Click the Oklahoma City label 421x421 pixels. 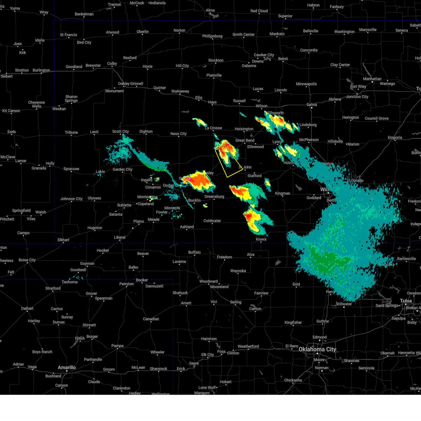pos(317,349)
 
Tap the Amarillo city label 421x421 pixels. pos(67,367)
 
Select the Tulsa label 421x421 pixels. pos(406,301)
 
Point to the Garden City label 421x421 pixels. pos(122,169)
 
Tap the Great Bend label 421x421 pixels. pos(245,140)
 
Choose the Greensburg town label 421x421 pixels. pos(214,196)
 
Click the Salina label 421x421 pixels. pos(312,105)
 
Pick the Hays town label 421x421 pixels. pos(212,102)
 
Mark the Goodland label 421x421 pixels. pos(74,67)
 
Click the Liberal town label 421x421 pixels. pos(120,237)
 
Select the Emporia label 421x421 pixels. pos(395,138)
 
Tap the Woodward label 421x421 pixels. pos(208,281)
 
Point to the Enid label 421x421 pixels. pos(296,284)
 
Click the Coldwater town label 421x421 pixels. pos(212,221)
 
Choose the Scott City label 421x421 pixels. pos(121,132)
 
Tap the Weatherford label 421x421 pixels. pos(248,346)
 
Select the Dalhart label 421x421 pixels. pos(27,308)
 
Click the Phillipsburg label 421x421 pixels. pos(212,36)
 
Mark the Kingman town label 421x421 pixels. pos(282,193)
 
